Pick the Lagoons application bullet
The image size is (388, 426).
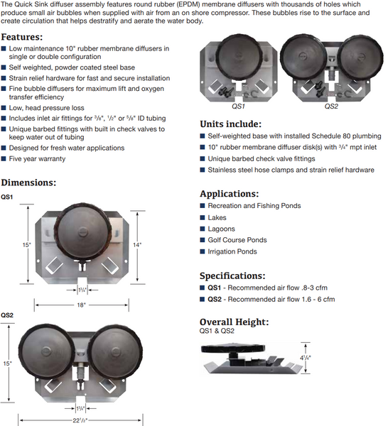[222, 229]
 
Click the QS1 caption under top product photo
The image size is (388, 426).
[239, 106]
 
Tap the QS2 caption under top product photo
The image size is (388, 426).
[331, 106]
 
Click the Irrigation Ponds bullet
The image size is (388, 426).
[233, 251]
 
